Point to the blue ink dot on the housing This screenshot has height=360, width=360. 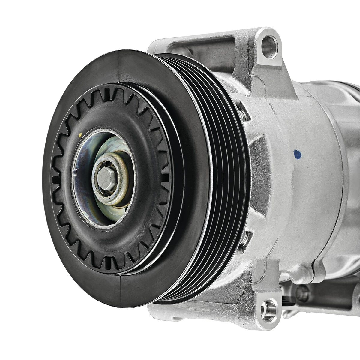(x=297, y=154)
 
